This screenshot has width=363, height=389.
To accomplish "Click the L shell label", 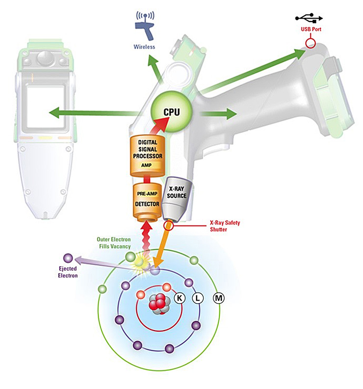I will coord(198,298).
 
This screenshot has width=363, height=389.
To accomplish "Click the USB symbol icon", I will coord(309,18).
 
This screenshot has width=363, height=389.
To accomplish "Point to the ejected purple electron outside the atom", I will coord(68,258).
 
